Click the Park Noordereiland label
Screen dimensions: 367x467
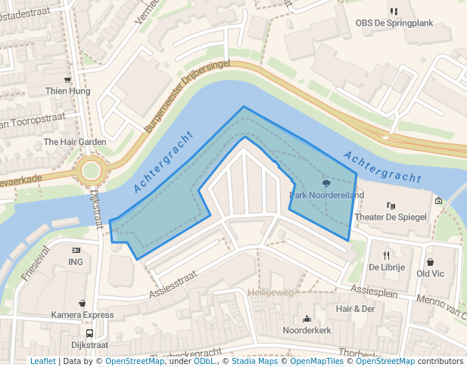(x=327, y=196)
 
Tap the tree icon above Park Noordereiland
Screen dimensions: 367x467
(x=326, y=183)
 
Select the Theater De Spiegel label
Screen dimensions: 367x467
(x=391, y=217)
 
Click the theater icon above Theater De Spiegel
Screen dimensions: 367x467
(x=391, y=205)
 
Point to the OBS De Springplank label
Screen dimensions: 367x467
(x=394, y=23)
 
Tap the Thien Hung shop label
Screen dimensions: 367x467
(x=67, y=91)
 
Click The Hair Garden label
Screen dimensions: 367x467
(x=75, y=142)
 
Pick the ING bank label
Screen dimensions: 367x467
(x=76, y=262)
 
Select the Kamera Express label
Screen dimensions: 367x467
(x=83, y=314)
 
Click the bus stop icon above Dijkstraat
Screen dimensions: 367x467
(x=90, y=333)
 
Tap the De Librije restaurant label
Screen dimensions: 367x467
(x=387, y=267)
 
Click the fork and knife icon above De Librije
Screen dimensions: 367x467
(x=387, y=255)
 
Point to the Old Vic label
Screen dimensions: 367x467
(x=431, y=273)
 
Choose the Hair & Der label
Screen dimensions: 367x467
(x=356, y=309)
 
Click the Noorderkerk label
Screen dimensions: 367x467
(x=307, y=331)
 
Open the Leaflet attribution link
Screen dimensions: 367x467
(x=42, y=361)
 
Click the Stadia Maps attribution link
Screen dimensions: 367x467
(x=254, y=361)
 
